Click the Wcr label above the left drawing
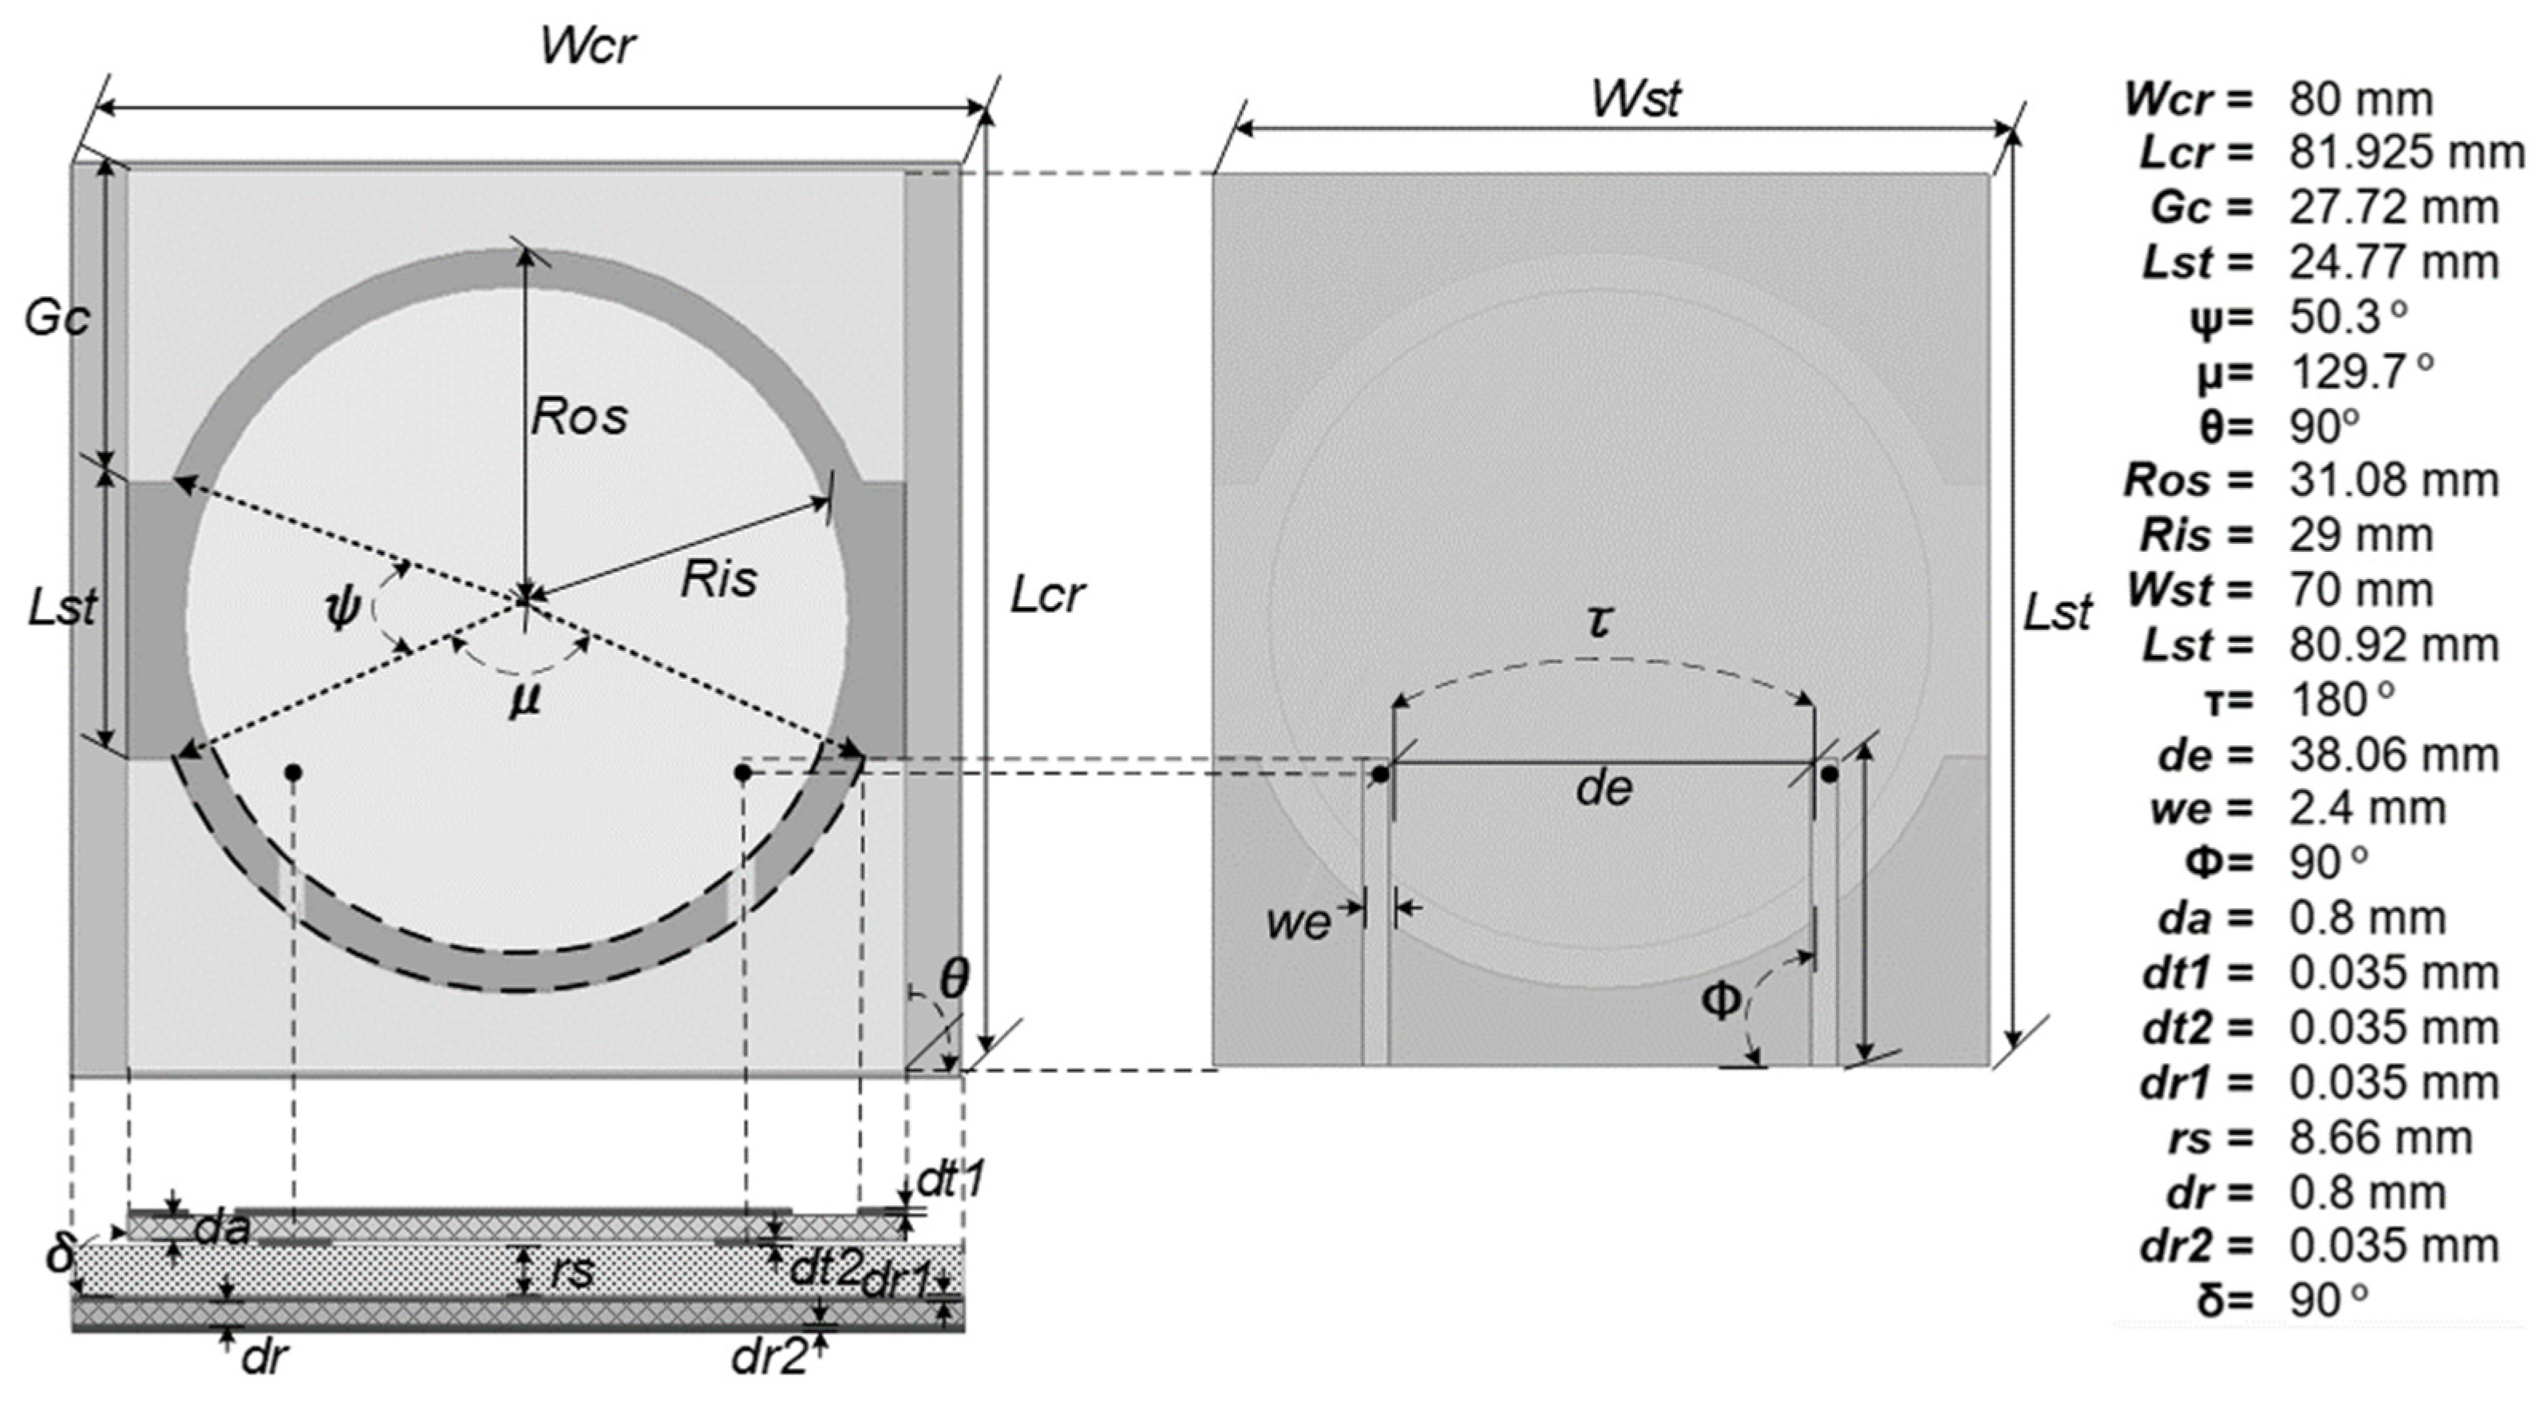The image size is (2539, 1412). point(587,46)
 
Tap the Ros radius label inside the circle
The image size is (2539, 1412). point(579,416)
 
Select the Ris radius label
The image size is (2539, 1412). point(718,579)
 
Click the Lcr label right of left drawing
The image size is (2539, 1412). point(1046,594)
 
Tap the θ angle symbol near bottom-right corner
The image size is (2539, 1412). point(953,979)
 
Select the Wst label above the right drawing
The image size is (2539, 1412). point(1635,98)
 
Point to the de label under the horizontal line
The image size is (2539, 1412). point(1604,787)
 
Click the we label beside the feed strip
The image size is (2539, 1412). point(1298,922)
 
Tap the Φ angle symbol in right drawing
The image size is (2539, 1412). point(1721,1001)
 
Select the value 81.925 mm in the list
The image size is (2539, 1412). point(2406,153)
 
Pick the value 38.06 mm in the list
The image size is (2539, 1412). point(2393,754)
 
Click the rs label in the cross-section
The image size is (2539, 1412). point(571,1272)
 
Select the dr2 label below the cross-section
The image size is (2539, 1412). point(767,1358)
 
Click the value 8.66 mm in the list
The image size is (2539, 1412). point(2380,1137)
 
